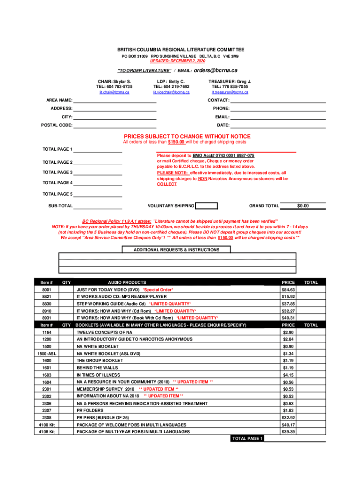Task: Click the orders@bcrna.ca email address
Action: coord(216,70)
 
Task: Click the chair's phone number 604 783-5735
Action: coord(114,87)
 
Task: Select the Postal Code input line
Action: coord(115,125)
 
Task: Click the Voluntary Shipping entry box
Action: coord(207,206)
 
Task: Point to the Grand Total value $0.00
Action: coord(303,206)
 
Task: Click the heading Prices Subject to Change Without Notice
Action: coord(187,137)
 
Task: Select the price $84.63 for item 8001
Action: coord(288,290)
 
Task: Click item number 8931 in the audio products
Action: coord(46,318)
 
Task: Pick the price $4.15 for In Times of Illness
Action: coord(288,375)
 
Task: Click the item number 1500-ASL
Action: coord(46,354)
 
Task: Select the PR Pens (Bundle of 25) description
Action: coord(102,417)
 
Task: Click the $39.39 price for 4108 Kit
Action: coord(288,432)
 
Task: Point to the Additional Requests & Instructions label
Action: coord(177,250)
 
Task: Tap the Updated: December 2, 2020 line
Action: coord(177,61)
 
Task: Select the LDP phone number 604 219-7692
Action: coord(171,87)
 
